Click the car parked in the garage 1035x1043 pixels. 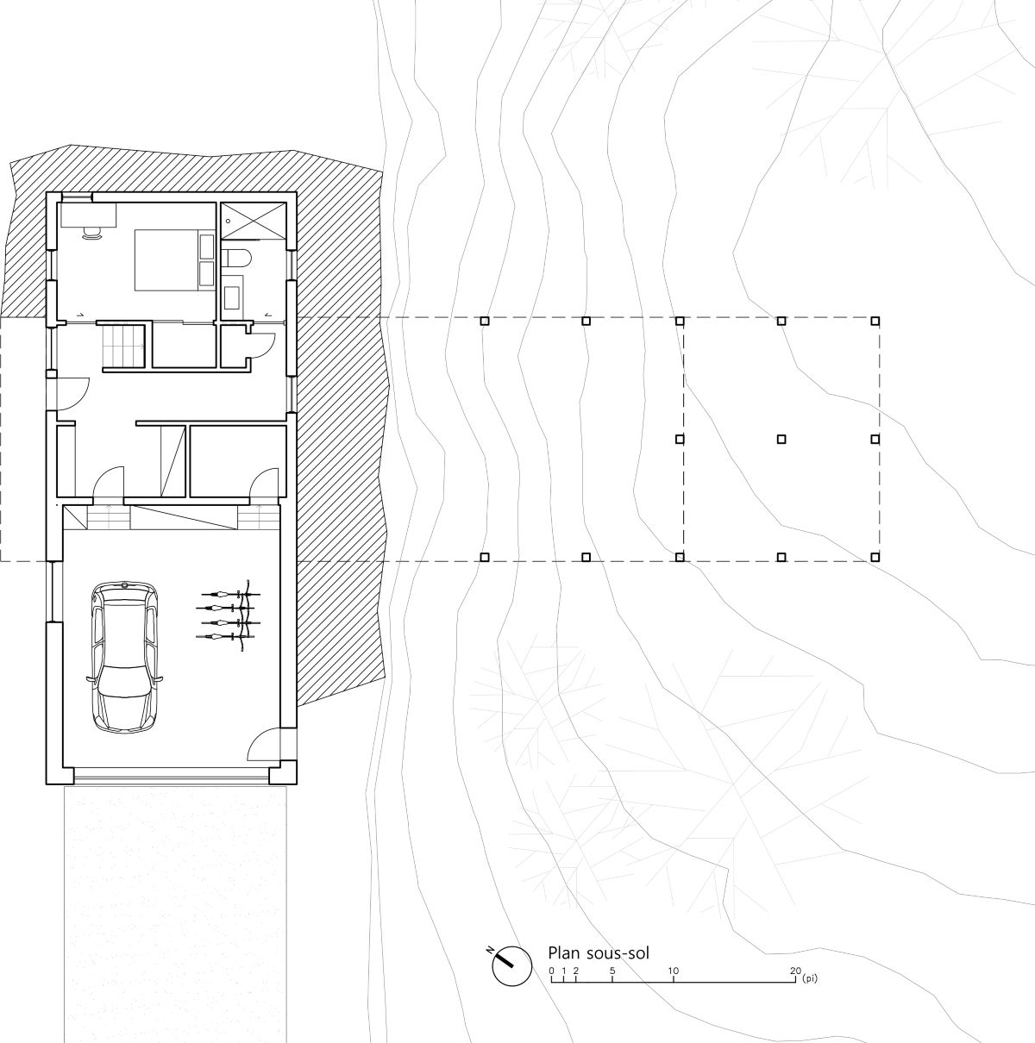(124, 657)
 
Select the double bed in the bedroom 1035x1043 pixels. (174, 260)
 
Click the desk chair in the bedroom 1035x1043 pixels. (91, 232)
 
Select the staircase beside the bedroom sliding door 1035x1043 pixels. (124, 347)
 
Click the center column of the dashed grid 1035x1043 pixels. (781, 439)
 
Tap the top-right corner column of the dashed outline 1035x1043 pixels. (875, 321)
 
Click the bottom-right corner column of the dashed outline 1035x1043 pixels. (875, 557)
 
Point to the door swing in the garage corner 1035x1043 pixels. (263, 746)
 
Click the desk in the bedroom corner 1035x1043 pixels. (88, 215)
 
